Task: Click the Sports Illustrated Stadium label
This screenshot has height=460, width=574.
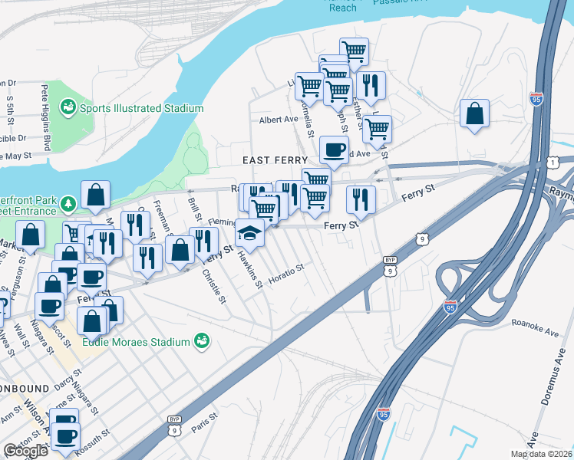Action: [140, 109]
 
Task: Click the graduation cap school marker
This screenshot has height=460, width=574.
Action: [250, 232]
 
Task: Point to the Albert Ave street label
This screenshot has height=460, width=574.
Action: [278, 120]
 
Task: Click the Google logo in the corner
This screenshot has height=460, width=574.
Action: [25, 451]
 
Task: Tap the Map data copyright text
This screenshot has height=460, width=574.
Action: [542, 454]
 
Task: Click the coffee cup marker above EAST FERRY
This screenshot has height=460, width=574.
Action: [334, 149]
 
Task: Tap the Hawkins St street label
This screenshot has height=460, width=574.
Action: [251, 271]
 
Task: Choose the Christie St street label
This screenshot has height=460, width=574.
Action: [213, 285]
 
